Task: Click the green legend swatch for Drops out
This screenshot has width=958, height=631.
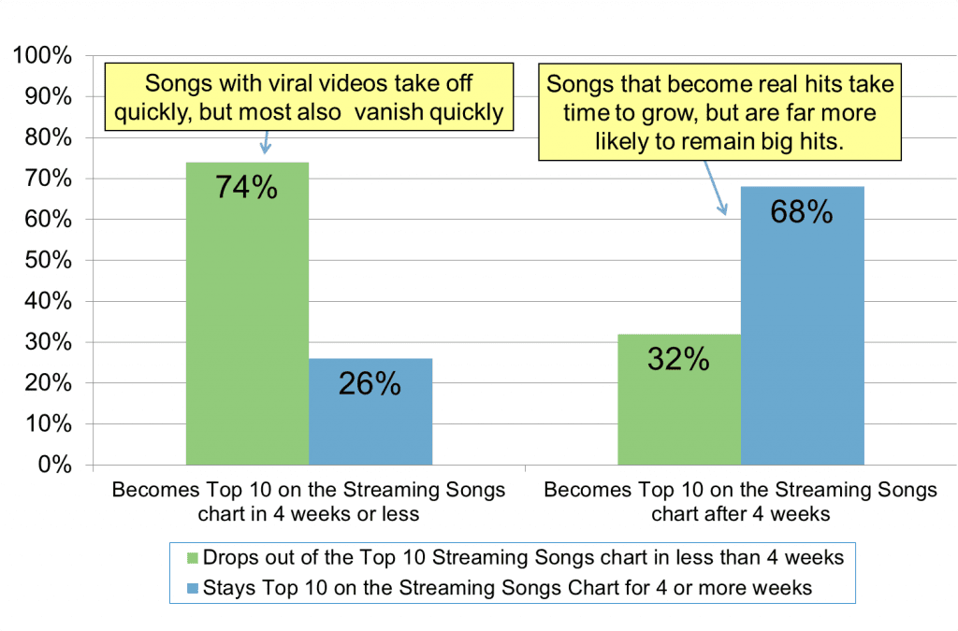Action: tap(194, 559)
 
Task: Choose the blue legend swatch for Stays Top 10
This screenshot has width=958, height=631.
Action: tap(194, 588)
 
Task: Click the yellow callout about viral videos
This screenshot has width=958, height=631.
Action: tap(308, 95)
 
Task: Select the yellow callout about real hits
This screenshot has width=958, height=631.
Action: tap(719, 112)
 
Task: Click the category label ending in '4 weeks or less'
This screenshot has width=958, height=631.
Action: tap(309, 502)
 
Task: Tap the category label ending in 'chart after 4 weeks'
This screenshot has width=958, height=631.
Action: tap(740, 502)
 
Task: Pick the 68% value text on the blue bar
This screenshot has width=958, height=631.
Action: tap(802, 213)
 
